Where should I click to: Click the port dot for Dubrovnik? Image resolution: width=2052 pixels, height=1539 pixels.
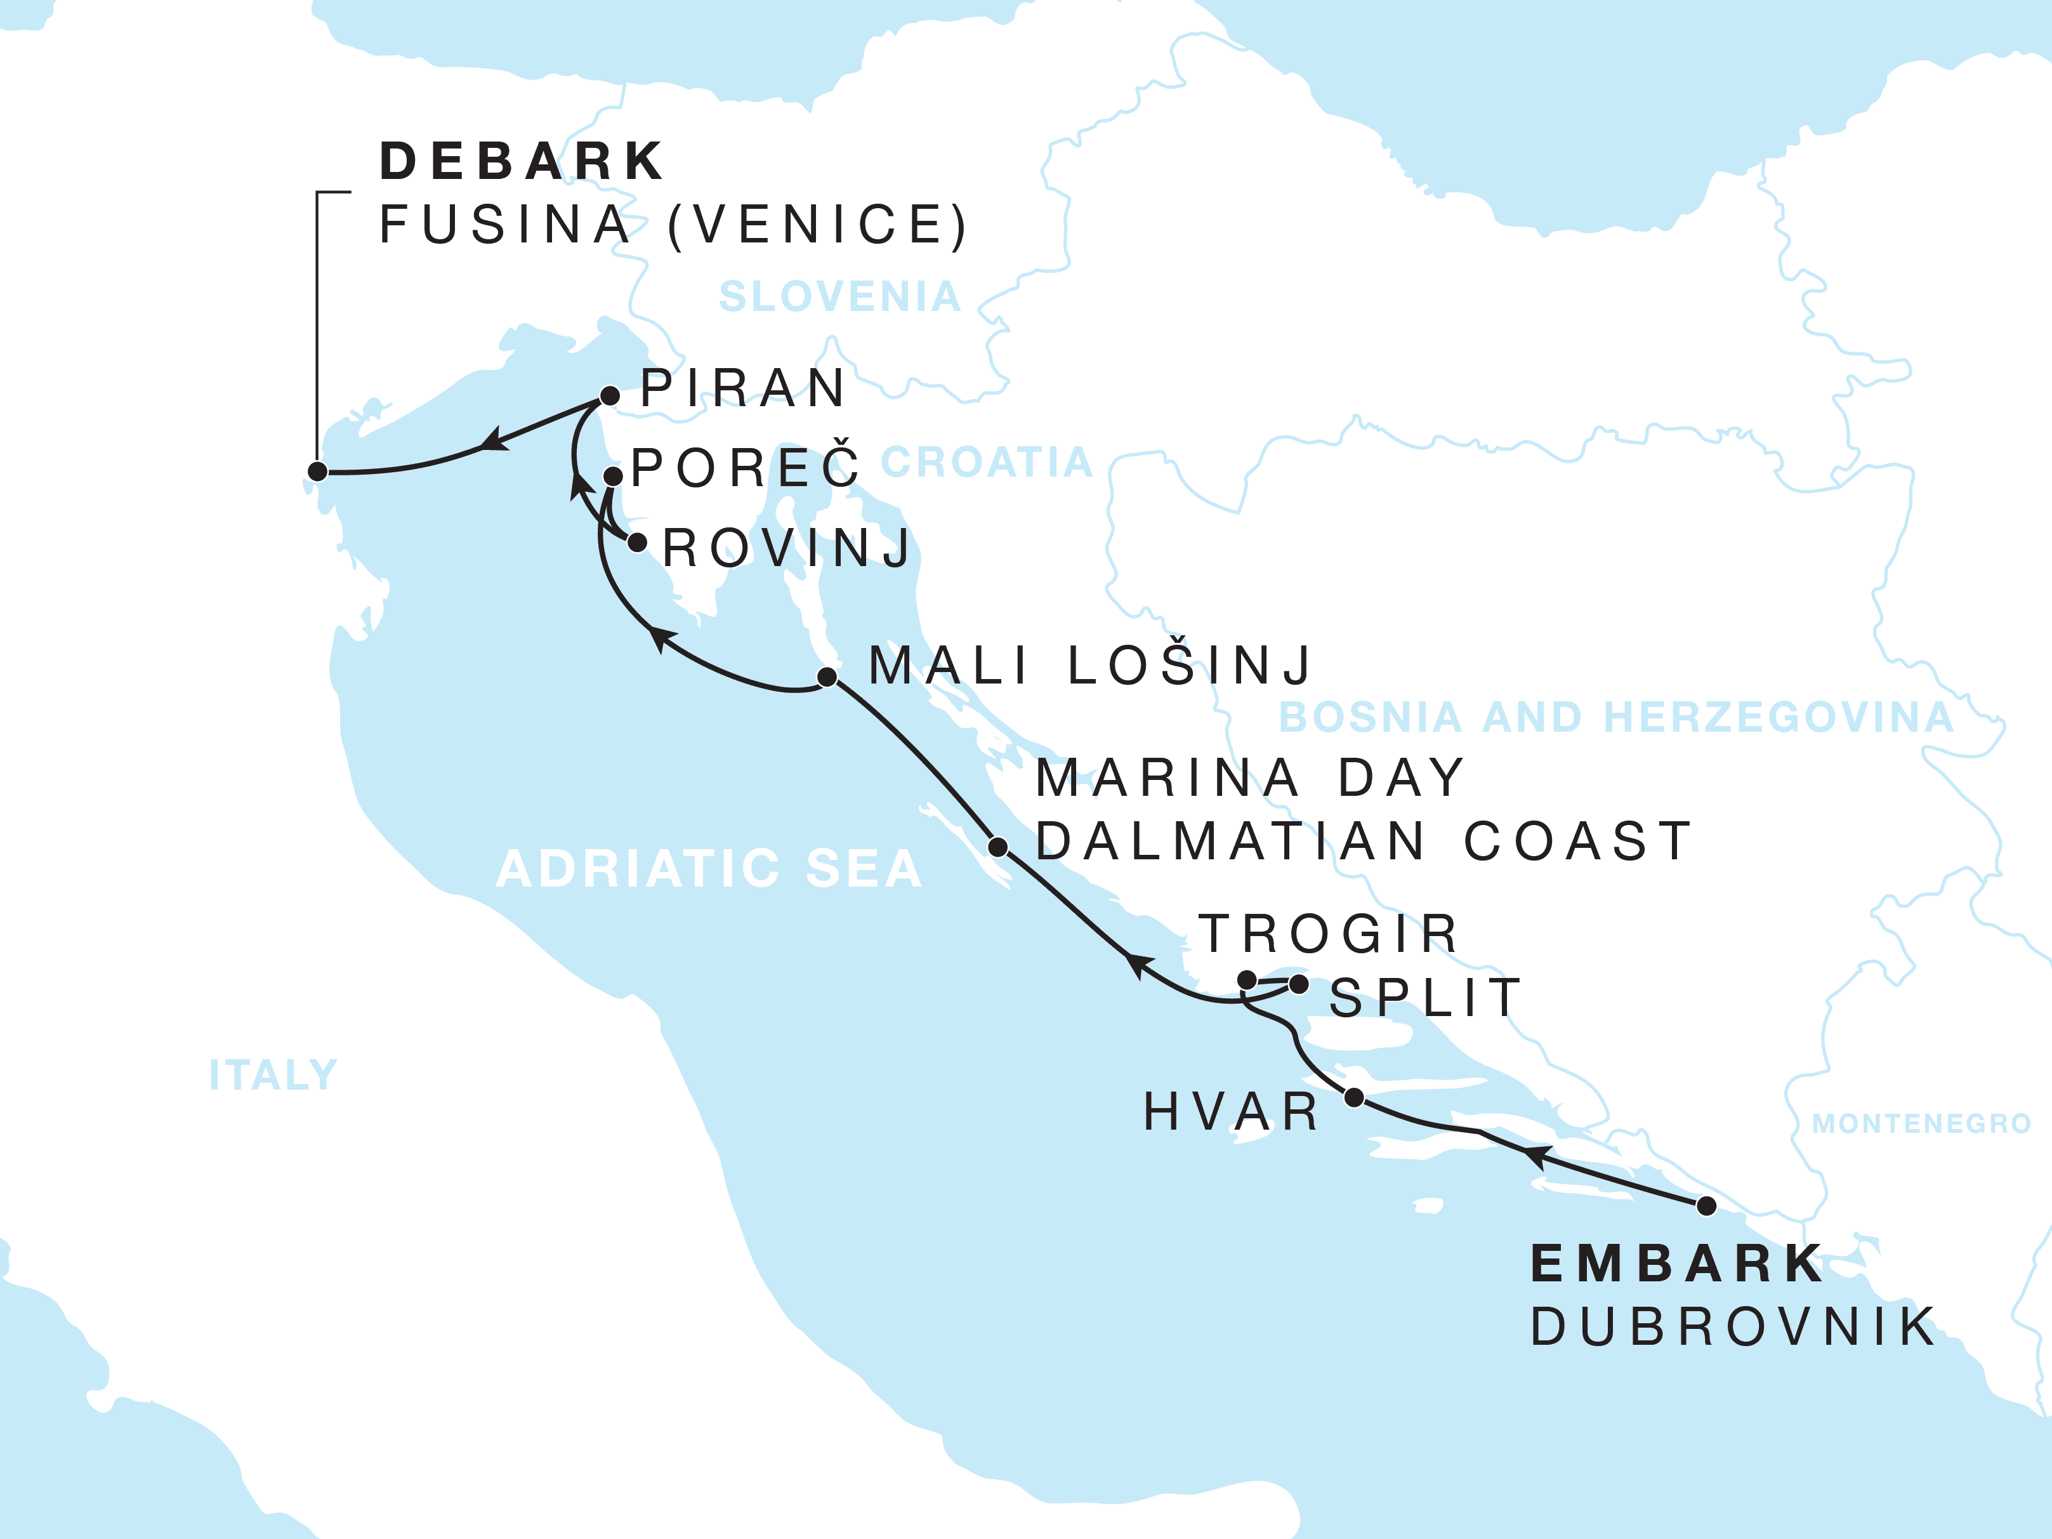coord(1706,1206)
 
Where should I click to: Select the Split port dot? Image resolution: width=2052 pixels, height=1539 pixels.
coord(1299,984)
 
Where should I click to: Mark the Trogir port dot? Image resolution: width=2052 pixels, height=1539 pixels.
coord(1247,980)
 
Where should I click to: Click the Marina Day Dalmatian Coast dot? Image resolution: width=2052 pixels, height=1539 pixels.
coord(998,847)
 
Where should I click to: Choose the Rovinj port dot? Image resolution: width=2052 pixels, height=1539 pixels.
coord(637,542)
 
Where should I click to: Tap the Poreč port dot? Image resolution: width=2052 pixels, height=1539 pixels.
coord(613,476)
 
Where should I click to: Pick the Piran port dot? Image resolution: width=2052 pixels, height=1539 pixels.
coord(610,396)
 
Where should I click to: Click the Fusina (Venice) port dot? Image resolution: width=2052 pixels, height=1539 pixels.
coord(317,472)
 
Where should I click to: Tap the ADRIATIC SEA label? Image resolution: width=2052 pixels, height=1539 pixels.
coord(709,869)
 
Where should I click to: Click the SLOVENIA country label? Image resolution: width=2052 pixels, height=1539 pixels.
coord(839,297)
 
